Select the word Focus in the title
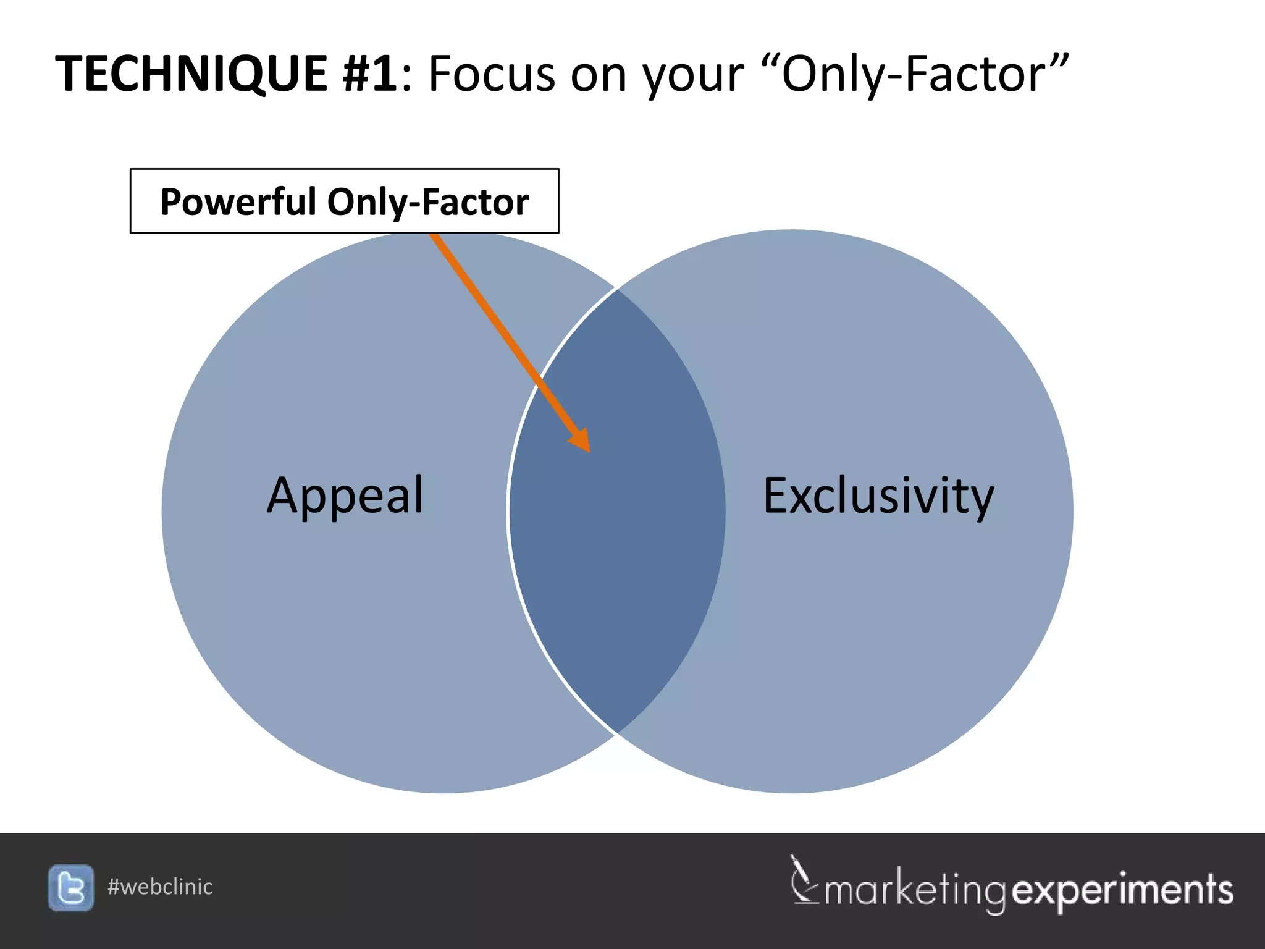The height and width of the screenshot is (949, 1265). tap(492, 74)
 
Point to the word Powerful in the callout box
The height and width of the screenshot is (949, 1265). tap(238, 201)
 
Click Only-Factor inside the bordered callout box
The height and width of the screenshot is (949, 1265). tap(427, 201)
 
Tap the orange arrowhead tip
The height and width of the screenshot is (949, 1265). tap(589, 450)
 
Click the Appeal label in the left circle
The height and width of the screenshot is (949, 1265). tap(345, 496)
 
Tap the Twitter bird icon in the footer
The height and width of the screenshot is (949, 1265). tap(71, 888)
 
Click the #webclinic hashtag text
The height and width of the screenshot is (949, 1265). tap(160, 887)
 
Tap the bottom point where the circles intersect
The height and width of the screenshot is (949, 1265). tap(616, 734)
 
